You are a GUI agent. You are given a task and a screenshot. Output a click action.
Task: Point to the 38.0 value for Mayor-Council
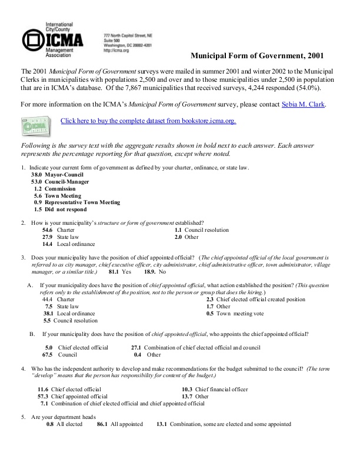click(37, 175)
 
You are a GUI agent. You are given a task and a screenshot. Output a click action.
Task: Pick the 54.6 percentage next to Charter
click(48, 230)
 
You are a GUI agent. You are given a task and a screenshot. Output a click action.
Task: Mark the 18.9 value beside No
click(150, 272)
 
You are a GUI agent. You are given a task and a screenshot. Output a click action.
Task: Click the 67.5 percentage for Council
click(48, 355)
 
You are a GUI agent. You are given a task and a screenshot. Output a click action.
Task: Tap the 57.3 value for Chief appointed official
click(43, 397)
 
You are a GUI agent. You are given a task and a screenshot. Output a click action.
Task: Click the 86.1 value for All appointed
click(102, 424)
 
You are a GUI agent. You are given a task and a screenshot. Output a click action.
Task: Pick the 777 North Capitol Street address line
click(128, 35)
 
